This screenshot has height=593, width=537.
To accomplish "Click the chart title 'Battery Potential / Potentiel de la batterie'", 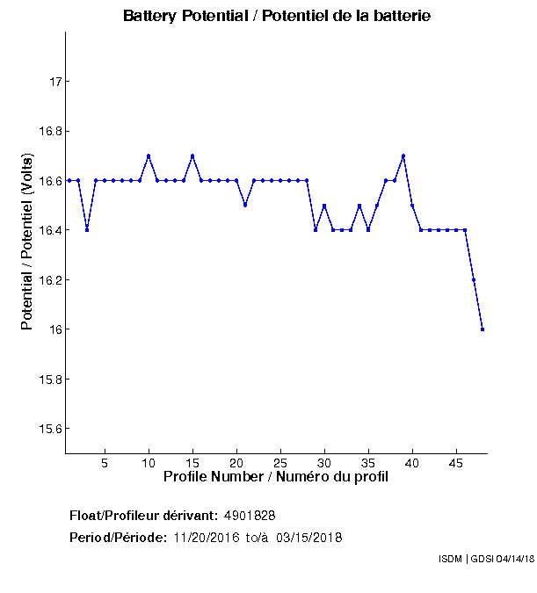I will (277, 16).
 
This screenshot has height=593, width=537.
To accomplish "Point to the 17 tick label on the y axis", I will (54, 82).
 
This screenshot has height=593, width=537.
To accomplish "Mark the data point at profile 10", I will (149, 155).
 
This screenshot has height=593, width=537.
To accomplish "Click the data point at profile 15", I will (192, 155).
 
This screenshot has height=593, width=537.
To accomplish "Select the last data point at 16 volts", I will (483, 329).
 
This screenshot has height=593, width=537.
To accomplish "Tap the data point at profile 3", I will (87, 230).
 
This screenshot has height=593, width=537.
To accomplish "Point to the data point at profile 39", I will (403, 155).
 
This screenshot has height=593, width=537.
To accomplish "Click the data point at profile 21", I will (245, 205).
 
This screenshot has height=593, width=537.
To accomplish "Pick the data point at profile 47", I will (474, 279).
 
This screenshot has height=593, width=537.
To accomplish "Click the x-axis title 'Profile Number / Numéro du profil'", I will (276, 477).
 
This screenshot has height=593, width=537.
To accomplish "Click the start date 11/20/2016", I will (206, 538).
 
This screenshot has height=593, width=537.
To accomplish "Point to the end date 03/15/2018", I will (308, 538).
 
